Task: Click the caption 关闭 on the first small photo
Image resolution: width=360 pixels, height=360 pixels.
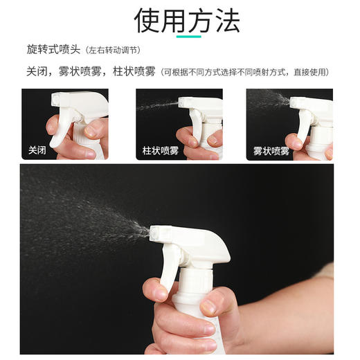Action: click(x=37, y=150)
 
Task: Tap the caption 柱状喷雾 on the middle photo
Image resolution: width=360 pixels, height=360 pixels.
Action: click(x=160, y=150)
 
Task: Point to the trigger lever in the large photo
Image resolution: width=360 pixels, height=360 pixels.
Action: click(x=170, y=267)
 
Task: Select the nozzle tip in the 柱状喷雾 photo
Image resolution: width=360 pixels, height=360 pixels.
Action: click(x=182, y=102)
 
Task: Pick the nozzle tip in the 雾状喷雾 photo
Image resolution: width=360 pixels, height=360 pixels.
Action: click(x=294, y=102)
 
